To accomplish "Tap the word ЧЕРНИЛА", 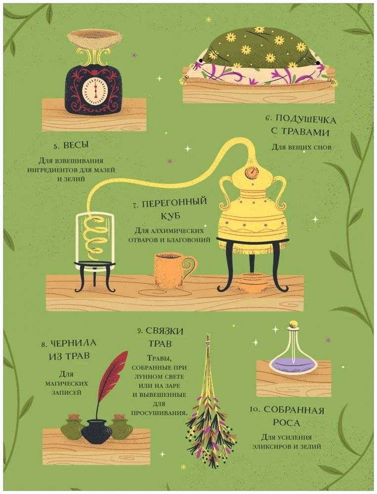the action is click(x=73, y=343).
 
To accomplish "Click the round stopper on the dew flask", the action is click(x=294, y=325).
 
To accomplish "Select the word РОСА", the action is click(x=288, y=422).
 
